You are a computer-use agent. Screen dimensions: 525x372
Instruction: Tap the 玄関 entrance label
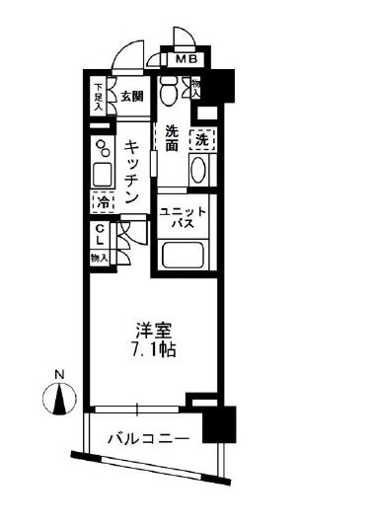tap(133, 97)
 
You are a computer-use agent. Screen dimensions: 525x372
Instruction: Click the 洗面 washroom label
tap(172, 137)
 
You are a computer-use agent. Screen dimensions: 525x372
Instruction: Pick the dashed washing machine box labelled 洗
tap(201, 139)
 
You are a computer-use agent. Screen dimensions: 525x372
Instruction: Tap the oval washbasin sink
tap(198, 170)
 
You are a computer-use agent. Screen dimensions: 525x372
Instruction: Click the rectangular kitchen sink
tap(102, 178)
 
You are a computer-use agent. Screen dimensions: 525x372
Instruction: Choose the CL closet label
tap(101, 236)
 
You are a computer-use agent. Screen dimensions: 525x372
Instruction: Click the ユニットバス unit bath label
tap(183, 218)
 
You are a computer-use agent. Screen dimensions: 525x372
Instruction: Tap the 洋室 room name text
tap(149, 333)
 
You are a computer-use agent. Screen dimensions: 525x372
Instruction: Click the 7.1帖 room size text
tap(150, 351)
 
